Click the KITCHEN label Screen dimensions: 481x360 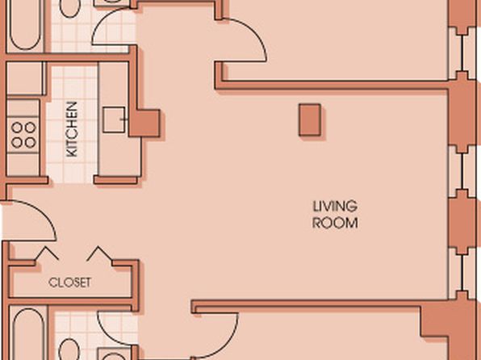(x=72, y=129)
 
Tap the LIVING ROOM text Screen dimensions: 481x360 (x=335, y=215)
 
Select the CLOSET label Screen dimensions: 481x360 (x=70, y=283)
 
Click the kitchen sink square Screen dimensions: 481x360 (x=114, y=119)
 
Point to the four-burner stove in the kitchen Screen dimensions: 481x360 (x=23, y=135)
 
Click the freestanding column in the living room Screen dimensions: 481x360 (x=310, y=119)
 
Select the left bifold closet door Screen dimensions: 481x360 (x=46, y=254)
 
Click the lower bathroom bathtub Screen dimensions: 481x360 (x=28, y=334)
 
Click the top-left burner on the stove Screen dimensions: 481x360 (x=17, y=128)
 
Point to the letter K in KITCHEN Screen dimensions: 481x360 (x=72, y=153)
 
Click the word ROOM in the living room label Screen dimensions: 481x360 (x=335, y=223)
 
